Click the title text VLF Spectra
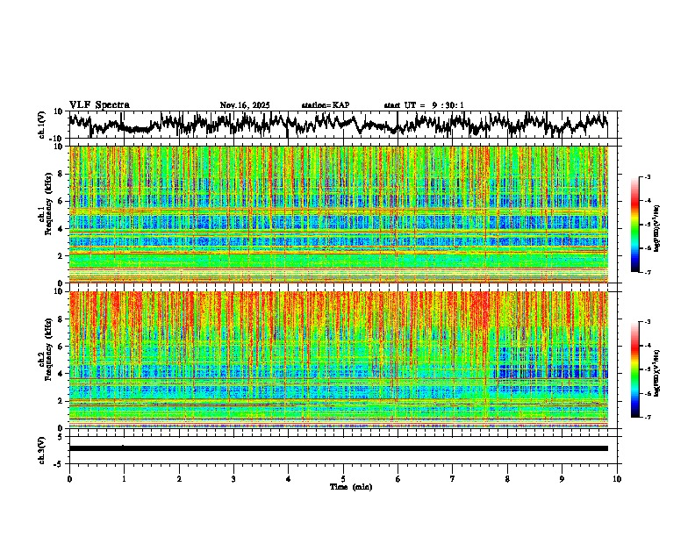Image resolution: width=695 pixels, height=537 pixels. [x=99, y=104]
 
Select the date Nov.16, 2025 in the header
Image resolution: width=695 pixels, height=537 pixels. [x=245, y=105]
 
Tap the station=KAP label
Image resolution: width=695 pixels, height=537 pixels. [x=325, y=105]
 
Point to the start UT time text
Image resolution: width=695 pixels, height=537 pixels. [x=424, y=105]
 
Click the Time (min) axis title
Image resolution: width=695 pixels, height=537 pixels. [x=350, y=486]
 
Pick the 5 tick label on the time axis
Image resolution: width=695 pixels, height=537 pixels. [x=343, y=478]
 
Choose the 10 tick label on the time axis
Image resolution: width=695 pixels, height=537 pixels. [x=617, y=478]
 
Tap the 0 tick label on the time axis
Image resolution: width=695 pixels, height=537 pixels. [x=69, y=478]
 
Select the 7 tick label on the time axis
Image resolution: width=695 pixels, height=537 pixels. [x=453, y=478]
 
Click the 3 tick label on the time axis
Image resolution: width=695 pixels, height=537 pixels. [x=233, y=478]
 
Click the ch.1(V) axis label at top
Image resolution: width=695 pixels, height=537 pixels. [x=42, y=125]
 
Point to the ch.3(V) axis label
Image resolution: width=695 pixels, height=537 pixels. [x=42, y=448]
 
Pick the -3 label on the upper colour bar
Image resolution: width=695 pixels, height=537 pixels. [x=657, y=177]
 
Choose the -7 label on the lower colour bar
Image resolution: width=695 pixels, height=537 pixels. [x=657, y=417]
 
